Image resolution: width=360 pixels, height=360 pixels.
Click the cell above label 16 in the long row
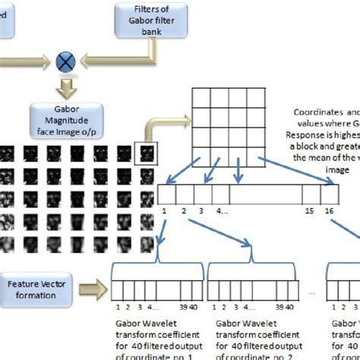pos(329,193)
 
